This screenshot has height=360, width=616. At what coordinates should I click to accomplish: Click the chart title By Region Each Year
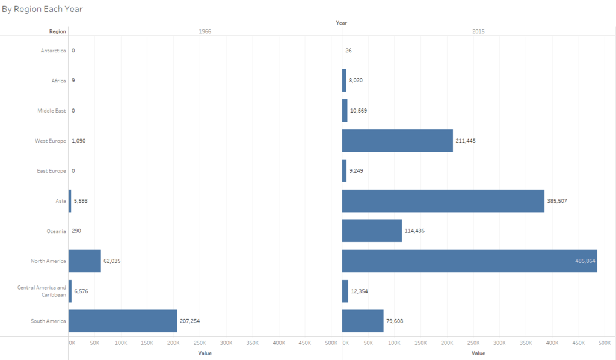click(42, 10)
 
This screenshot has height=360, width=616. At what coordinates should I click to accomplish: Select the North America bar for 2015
click(469, 261)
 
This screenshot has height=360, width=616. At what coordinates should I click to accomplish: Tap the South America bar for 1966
click(123, 321)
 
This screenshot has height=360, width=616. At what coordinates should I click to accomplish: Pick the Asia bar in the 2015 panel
click(443, 200)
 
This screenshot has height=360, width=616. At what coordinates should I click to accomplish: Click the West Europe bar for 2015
click(397, 140)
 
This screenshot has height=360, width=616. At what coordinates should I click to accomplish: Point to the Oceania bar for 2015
click(372, 231)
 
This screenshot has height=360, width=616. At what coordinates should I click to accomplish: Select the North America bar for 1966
click(85, 261)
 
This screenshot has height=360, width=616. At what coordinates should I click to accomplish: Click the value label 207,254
click(189, 321)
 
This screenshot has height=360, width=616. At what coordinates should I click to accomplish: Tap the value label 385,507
click(557, 201)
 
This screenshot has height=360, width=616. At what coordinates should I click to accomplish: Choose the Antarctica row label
click(53, 51)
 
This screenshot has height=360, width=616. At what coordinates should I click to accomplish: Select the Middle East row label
click(52, 111)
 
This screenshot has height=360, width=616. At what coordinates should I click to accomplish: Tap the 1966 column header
click(205, 31)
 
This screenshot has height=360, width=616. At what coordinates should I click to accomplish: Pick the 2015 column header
click(478, 31)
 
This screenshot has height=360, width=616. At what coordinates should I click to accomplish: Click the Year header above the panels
click(342, 23)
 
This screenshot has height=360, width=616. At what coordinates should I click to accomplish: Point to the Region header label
click(58, 31)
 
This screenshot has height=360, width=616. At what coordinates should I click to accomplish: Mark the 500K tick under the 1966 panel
click(331, 343)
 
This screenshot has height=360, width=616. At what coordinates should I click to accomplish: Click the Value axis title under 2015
click(478, 353)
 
